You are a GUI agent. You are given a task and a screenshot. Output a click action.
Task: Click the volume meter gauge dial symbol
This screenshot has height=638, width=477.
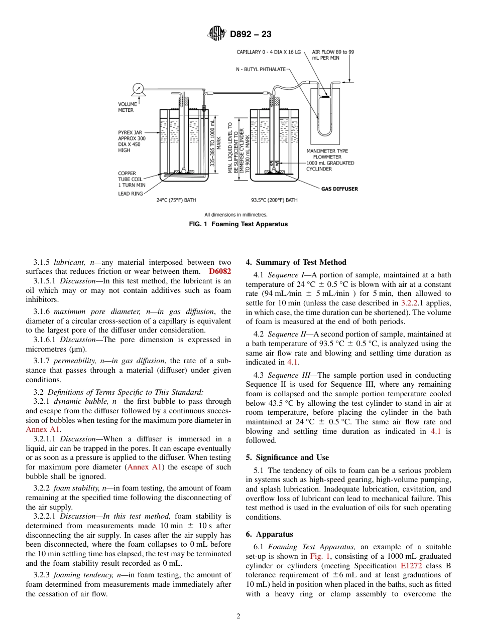pos(137,89)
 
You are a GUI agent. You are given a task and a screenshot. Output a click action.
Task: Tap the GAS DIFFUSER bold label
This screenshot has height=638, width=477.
pos(339,189)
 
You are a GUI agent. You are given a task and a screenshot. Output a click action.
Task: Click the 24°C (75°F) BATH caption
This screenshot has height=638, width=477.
pos(176,200)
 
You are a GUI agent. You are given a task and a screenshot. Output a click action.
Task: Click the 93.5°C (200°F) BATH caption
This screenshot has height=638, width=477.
pos(274,200)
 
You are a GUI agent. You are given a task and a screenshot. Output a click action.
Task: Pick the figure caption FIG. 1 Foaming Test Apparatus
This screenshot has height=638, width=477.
pos(238,224)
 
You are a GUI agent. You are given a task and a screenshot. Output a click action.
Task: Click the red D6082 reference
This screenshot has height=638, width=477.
pos(220,271)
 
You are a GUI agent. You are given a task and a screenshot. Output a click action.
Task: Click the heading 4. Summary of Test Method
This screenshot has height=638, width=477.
pos(296,262)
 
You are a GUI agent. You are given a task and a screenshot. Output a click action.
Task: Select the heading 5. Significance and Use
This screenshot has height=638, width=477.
pos(287,457)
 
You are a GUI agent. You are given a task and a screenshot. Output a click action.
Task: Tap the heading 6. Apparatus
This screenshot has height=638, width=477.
pos(269,535)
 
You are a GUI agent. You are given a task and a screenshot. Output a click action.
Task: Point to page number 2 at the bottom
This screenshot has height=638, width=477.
pos(238,616)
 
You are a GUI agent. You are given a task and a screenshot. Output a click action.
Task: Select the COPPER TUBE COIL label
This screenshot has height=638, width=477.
pos(130,180)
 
